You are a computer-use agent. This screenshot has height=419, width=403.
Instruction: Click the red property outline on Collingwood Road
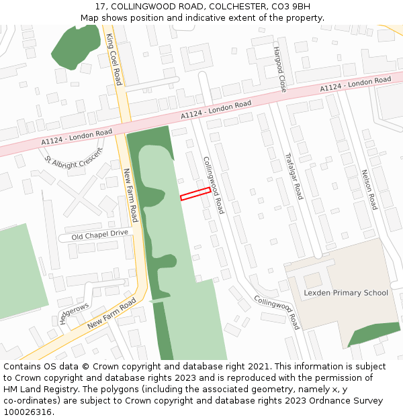pyautogui.click(x=195, y=194)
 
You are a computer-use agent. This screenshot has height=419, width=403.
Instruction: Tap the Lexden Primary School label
pyautogui.click(x=346, y=292)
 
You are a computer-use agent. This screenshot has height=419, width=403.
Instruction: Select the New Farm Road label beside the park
pyautogui.click(x=130, y=195)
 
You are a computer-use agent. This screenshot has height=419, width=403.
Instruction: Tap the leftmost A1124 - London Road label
pyautogui.click(x=77, y=137)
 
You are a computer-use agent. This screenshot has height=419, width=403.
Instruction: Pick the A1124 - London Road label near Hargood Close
pyautogui.click(x=355, y=84)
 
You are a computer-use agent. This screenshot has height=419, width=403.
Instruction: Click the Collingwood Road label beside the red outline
pyautogui.click(x=214, y=185)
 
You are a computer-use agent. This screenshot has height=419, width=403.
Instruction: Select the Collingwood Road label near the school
pyautogui.click(x=277, y=312)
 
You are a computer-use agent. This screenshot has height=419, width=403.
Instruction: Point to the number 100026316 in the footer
pyautogui.click(x=27, y=412)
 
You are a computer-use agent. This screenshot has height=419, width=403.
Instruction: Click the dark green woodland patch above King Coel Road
pyautogui.click(x=75, y=46)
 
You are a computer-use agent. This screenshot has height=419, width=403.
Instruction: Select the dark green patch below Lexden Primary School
pyautogui.click(x=374, y=334)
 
